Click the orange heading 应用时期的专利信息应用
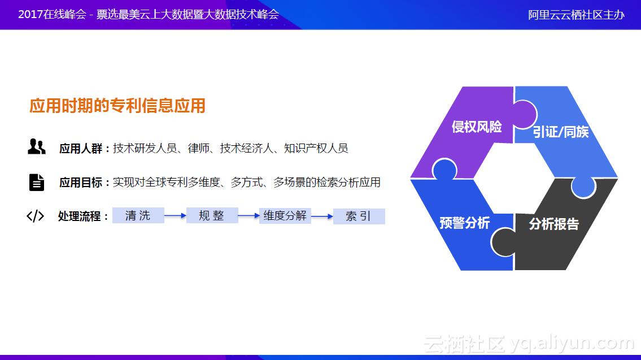point(117,106)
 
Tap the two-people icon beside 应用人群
point(37,146)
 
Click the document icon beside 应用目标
point(37,182)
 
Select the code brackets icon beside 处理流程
point(36,216)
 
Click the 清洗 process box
point(138,215)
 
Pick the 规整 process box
point(212,215)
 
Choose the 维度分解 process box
point(285,215)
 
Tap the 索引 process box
point(359,216)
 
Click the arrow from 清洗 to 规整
point(175,216)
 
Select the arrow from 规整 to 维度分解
point(248,215)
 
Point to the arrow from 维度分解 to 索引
point(322,216)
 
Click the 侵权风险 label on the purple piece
point(477,127)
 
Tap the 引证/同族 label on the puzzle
point(560,132)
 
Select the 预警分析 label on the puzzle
point(464,223)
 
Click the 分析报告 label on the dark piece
point(553,224)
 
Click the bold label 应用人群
point(81,149)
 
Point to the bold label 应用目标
point(81,183)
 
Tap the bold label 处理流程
point(80,216)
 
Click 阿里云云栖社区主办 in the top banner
point(576,15)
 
